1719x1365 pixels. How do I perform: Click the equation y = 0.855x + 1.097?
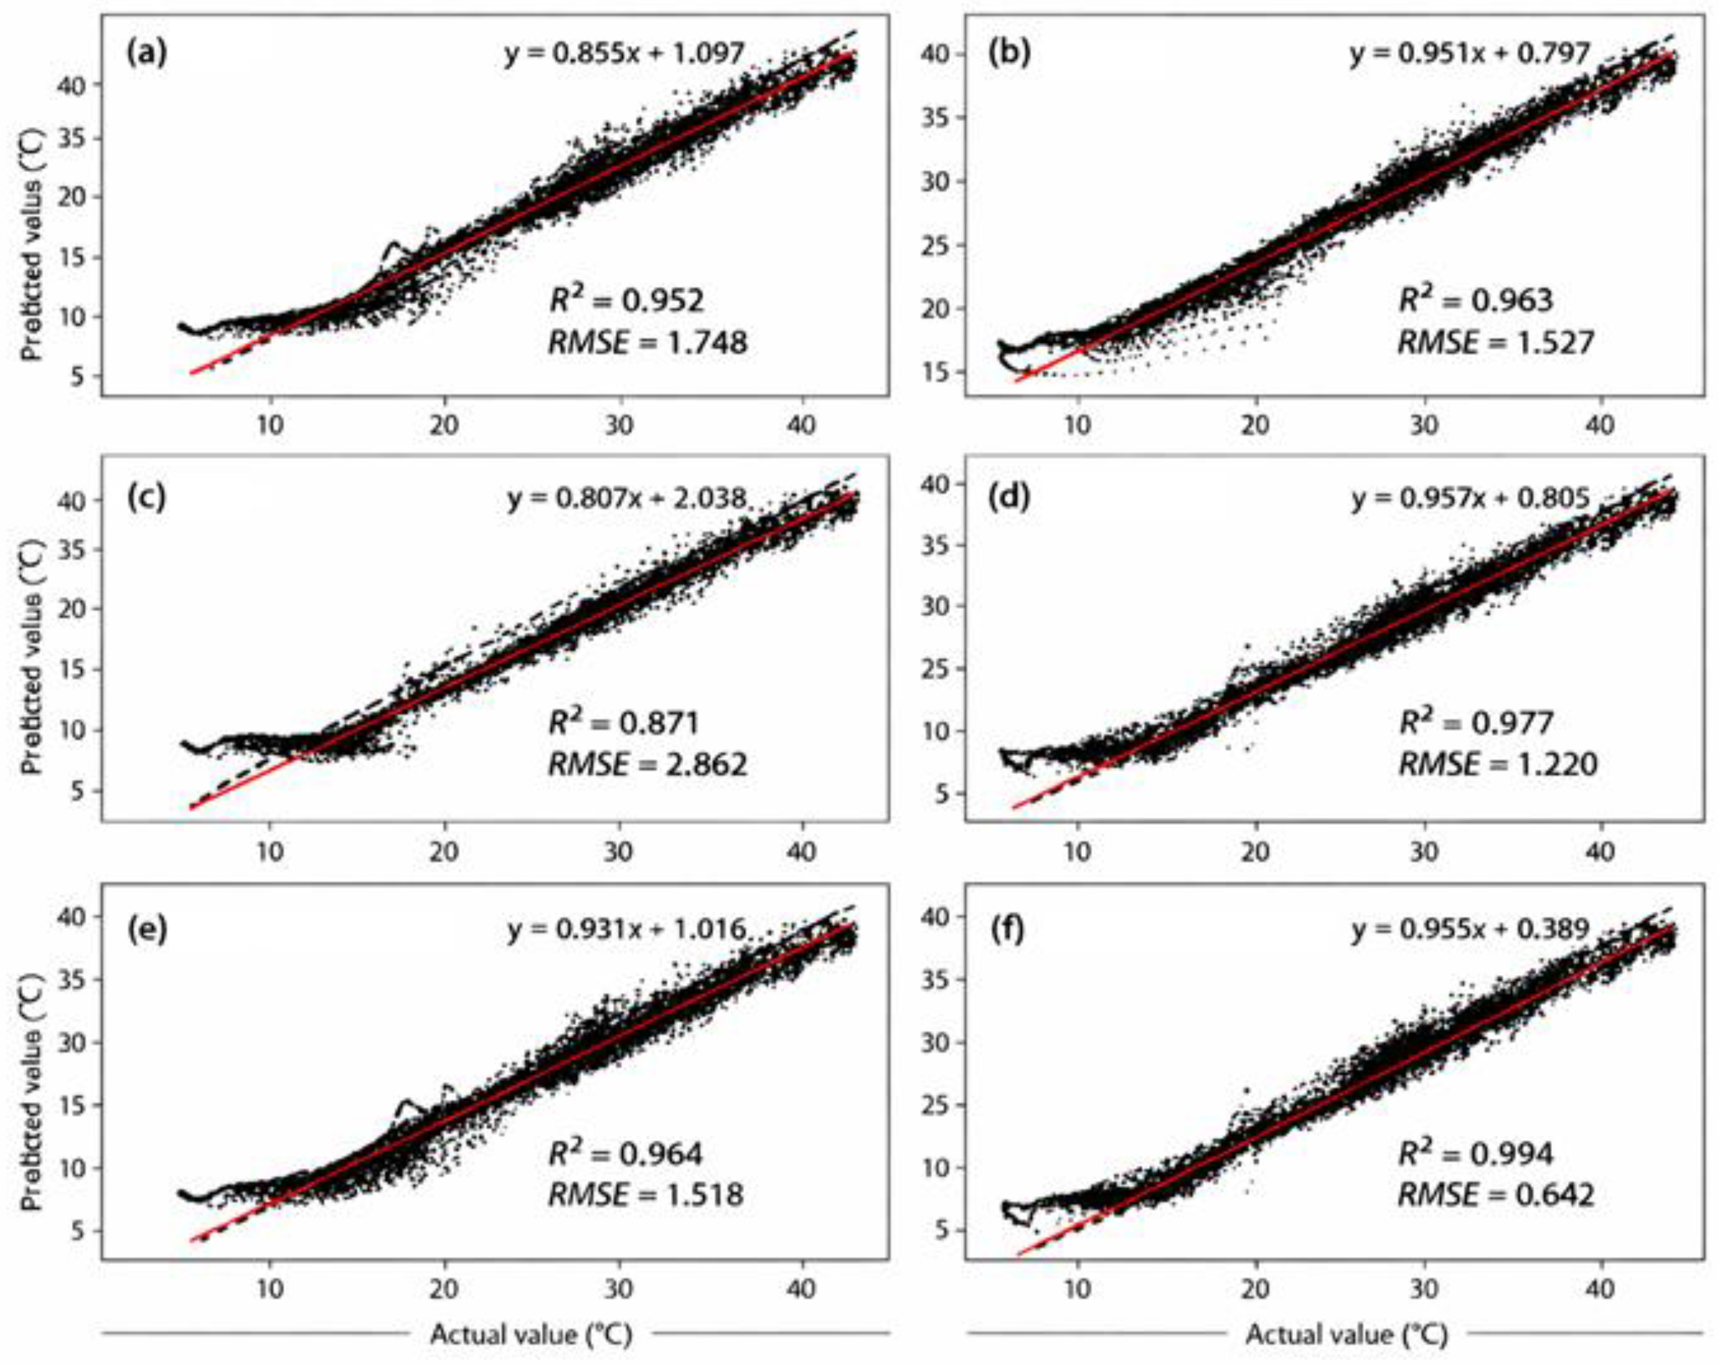click(x=625, y=54)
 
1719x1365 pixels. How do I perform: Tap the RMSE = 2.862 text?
click(x=648, y=764)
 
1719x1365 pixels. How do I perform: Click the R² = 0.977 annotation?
click(x=1476, y=721)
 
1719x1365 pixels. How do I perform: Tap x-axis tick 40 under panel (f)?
click(x=1600, y=1290)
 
